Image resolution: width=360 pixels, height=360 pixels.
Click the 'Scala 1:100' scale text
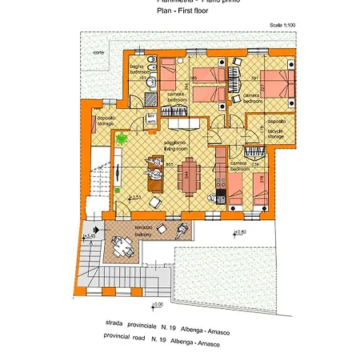pos(282,26)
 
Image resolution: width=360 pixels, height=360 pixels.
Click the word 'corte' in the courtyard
pos(98,52)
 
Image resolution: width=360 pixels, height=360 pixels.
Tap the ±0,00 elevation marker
pos(157,304)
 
